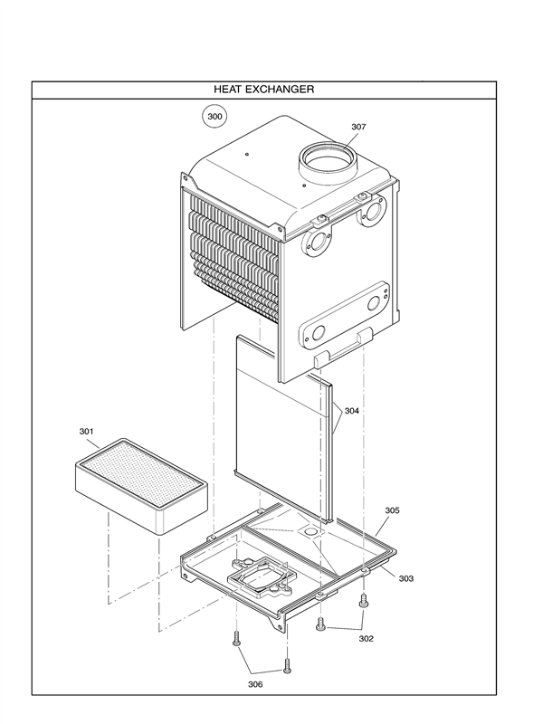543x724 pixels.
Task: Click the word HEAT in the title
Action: click(x=230, y=90)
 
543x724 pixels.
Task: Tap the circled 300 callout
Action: click(x=214, y=117)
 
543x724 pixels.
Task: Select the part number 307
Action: click(x=358, y=127)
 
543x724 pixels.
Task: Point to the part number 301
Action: click(x=87, y=432)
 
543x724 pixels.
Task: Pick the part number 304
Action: click(x=351, y=411)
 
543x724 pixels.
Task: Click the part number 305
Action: click(x=391, y=510)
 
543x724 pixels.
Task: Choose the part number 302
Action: click(x=365, y=638)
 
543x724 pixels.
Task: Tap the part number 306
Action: click(x=255, y=684)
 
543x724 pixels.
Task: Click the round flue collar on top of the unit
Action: click(x=324, y=163)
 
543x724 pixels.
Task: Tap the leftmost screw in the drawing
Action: click(x=236, y=638)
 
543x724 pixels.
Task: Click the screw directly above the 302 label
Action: click(x=365, y=600)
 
